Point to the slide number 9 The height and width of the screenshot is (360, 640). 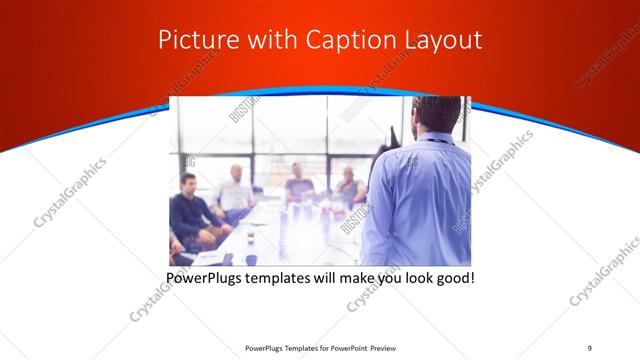(589, 347)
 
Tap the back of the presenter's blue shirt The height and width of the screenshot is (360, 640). (418, 200)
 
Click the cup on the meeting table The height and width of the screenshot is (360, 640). (250, 259)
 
